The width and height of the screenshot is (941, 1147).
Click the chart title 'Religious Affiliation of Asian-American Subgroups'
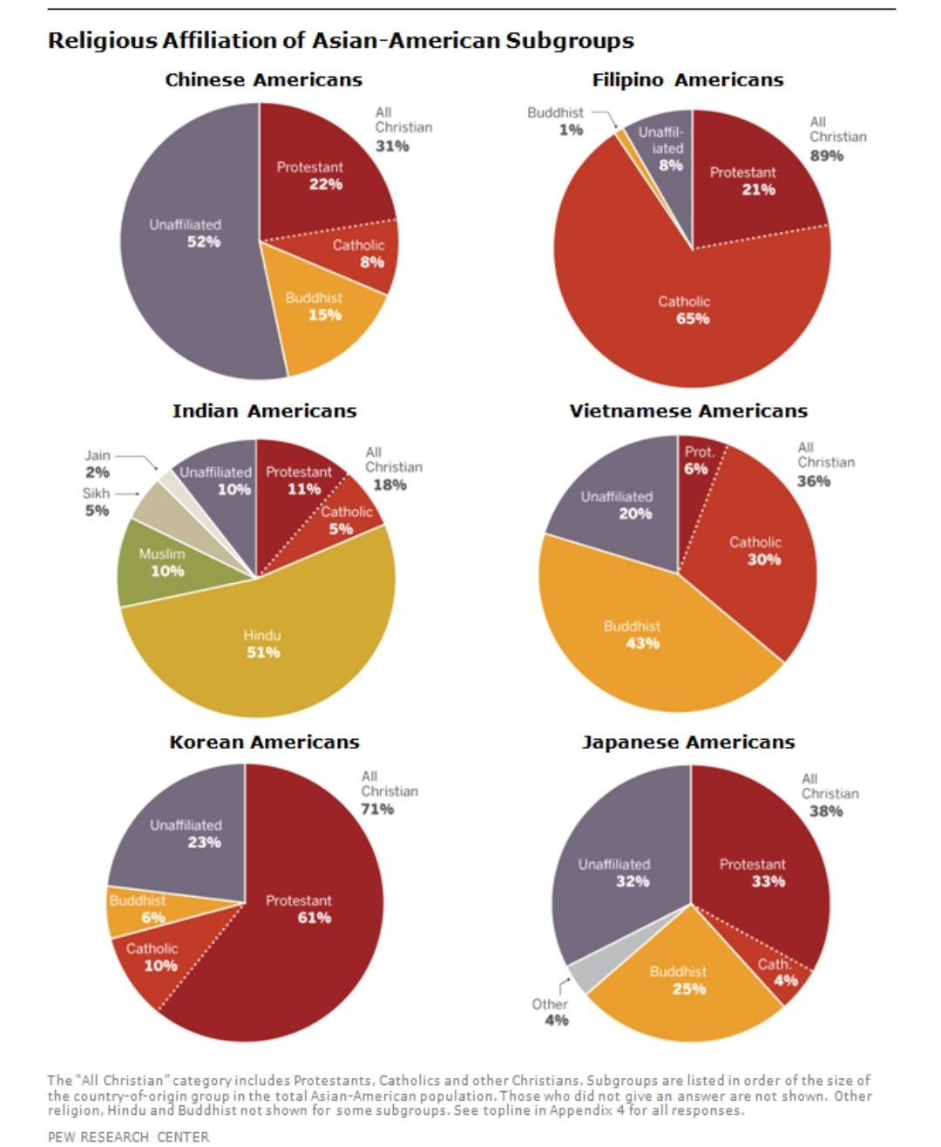click(x=341, y=41)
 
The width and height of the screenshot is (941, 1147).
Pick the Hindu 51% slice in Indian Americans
click(x=262, y=645)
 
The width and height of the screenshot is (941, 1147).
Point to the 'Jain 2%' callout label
click(x=97, y=464)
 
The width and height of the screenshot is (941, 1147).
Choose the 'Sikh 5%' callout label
click(x=96, y=502)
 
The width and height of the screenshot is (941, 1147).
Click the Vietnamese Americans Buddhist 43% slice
click(x=636, y=636)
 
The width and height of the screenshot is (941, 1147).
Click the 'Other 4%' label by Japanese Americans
click(x=551, y=1012)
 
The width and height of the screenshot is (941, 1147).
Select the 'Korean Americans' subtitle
click(x=264, y=743)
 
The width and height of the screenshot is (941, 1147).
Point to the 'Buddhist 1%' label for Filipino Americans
click(x=558, y=121)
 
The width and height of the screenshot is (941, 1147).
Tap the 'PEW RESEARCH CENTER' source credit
click(x=128, y=1137)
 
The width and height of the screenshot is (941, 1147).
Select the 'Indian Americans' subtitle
click(x=264, y=411)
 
